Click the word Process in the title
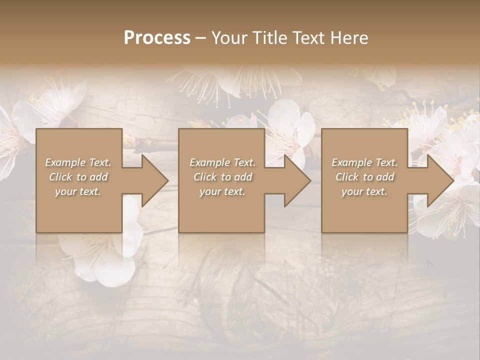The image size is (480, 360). pyautogui.click(x=157, y=38)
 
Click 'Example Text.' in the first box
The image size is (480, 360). pyautogui.click(x=78, y=162)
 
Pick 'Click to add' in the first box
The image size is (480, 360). pyautogui.click(x=78, y=177)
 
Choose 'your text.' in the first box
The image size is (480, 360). pyautogui.click(x=78, y=191)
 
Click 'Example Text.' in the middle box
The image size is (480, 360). pyautogui.click(x=222, y=162)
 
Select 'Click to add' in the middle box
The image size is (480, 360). pyautogui.click(x=222, y=177)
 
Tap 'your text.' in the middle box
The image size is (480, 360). pyautogui.click(x=222, y=191)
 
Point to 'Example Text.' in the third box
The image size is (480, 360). pyautogui.click(x=364, y=162)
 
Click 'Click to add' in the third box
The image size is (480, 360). pyautogui.click(x=364, y=177)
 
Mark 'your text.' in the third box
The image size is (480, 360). pyautogui.click(x=364, y=191)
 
